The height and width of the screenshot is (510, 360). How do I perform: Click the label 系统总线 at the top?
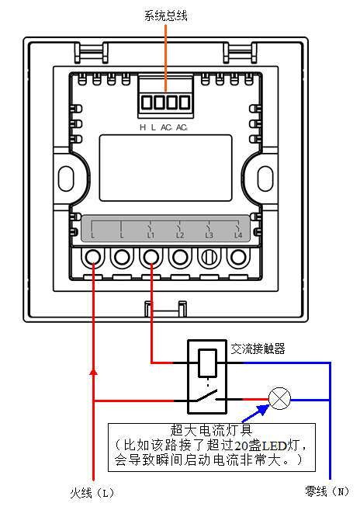(x=166, y=16)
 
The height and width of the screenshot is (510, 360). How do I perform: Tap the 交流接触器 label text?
(x=258, y=349)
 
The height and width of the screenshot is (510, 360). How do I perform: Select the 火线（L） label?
(x=92, y=493)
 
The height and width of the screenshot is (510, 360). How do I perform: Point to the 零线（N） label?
(x=327, y=491)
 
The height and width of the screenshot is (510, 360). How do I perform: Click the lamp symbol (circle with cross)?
(x=279, y=399)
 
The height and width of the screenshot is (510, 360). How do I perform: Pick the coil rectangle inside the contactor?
(x=207, y=363)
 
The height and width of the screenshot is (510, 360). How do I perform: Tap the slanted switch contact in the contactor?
(x=206, y=396)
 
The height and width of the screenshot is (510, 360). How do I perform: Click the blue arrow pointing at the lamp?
(x=256, y=413)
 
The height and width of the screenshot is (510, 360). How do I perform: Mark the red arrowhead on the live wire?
(x=94, y=372)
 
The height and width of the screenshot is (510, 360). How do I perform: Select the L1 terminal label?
(x=151, y=235)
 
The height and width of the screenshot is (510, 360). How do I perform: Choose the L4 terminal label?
(x=238, y=235)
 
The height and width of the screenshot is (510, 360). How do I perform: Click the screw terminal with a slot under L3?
(x=209, y=258)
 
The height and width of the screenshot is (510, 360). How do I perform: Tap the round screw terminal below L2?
(x=180, y=258)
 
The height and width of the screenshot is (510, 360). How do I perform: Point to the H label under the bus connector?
(x=143, y=127)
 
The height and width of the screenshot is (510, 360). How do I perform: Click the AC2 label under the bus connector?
(x=182, y=127)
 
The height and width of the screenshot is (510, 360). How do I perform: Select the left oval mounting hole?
(x=66, y=179)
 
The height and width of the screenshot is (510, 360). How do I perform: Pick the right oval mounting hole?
(x=265, y=179)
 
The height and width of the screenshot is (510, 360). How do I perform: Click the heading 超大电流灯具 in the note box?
(x=211, y=430)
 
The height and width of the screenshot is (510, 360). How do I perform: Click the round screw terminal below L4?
(x=238, y=258)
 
